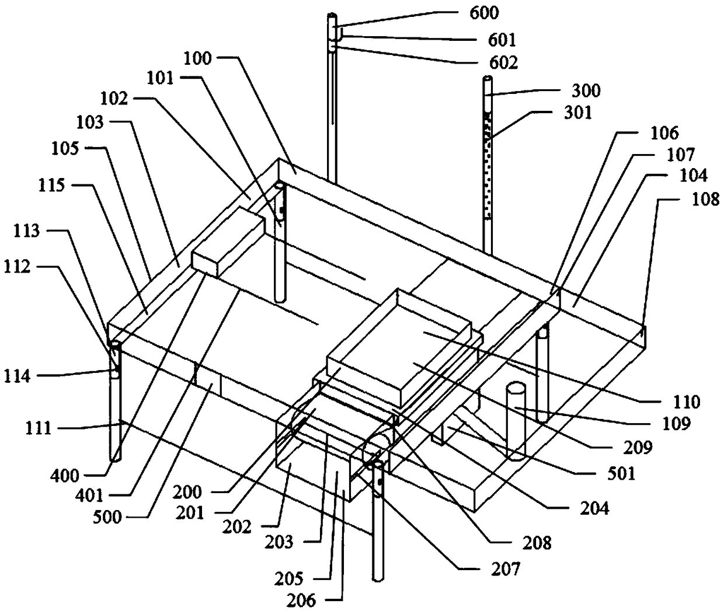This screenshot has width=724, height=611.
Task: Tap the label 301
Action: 575,111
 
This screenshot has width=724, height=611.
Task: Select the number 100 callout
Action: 199,58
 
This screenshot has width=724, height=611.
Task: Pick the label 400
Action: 64,476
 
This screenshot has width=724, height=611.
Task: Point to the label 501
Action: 621,473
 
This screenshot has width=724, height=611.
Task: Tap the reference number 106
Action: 663,133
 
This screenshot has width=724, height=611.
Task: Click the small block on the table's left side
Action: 228,245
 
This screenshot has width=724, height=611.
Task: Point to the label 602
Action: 503,61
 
